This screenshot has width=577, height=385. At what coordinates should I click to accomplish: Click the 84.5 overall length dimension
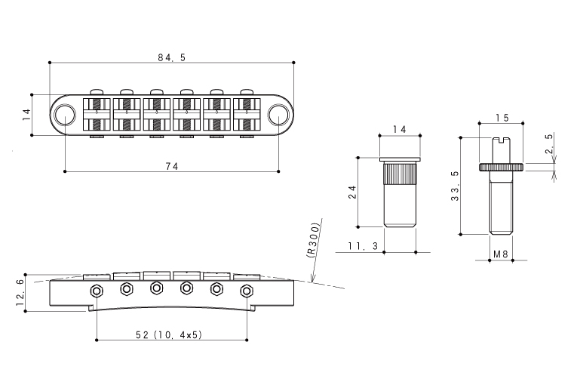172,57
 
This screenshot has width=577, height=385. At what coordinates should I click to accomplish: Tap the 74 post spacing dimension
172,167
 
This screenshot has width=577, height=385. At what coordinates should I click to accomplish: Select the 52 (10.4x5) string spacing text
169,335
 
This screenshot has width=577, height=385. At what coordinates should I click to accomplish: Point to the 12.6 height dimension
20,293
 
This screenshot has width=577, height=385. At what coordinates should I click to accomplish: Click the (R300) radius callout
312,240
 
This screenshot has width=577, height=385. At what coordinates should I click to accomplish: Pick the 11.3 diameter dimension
364,246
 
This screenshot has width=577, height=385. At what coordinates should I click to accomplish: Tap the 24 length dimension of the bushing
352,192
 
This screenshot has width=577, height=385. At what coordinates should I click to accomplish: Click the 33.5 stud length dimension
456,186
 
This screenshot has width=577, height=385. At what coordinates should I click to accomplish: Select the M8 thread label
501,254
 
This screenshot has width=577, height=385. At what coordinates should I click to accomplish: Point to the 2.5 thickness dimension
549,144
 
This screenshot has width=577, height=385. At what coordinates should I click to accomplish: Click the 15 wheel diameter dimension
502,118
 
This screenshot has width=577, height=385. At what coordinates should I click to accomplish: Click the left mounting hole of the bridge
65,115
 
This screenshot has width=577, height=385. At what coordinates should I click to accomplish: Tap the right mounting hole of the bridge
278,115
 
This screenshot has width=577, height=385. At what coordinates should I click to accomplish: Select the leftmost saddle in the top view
97,115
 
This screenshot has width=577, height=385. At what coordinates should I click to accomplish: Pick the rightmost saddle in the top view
247,115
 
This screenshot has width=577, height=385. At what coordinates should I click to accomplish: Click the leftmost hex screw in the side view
97,291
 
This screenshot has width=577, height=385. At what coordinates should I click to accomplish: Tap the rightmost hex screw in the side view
247,291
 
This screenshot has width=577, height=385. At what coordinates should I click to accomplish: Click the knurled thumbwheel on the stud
501,168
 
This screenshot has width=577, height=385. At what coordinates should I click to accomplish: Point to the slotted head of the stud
501,140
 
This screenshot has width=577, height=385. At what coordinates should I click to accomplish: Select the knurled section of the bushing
400,174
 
